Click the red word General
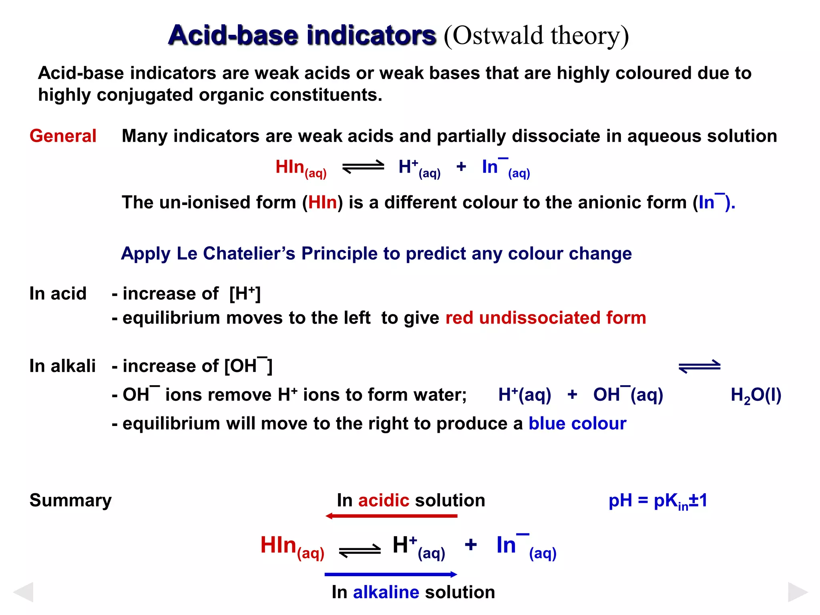63,136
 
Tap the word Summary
70,500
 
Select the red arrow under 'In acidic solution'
391,516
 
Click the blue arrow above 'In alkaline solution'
391,575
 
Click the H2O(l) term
756,395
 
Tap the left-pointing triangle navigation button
23,592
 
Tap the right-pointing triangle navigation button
798,592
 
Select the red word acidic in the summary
383,500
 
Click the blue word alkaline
386,592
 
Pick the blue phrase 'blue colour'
577,424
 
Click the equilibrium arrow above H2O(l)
699,366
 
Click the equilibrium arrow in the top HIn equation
363,167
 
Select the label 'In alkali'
62,366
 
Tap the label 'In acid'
58,293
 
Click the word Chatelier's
249,253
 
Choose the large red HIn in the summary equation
278,545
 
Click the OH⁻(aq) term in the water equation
628,395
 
